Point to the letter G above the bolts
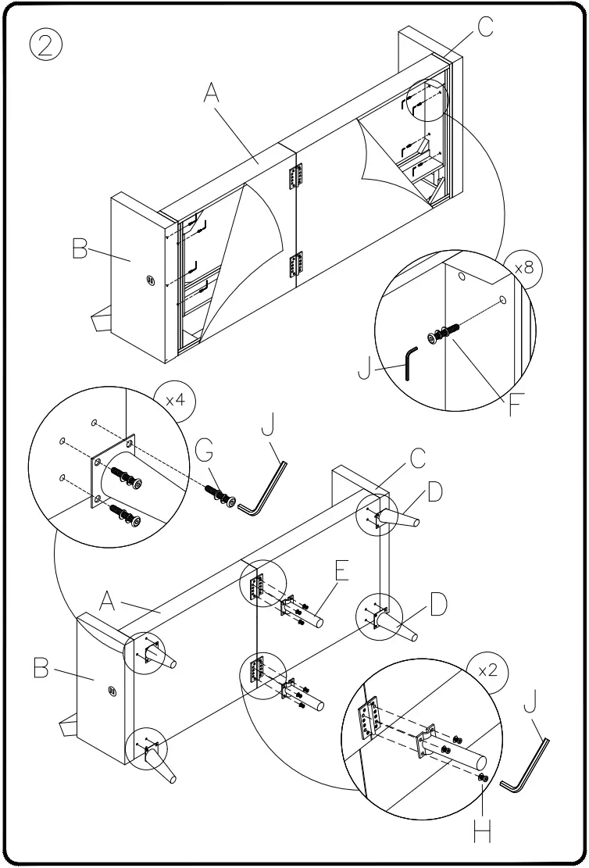point(204,452)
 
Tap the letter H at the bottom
point(483,833)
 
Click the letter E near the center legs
point(341,571)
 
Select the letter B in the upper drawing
point(80,250)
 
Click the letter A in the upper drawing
point(212,94)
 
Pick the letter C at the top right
point(485,27)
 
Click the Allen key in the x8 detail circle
point(410,363)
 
